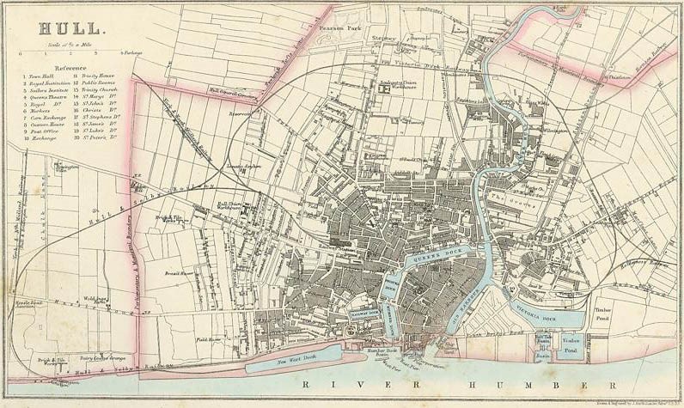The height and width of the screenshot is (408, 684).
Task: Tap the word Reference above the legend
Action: [x=70, y=66]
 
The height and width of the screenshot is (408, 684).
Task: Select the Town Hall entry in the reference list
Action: [x=38, y=76]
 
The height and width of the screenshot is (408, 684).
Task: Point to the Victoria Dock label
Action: [x=531, y=302]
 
